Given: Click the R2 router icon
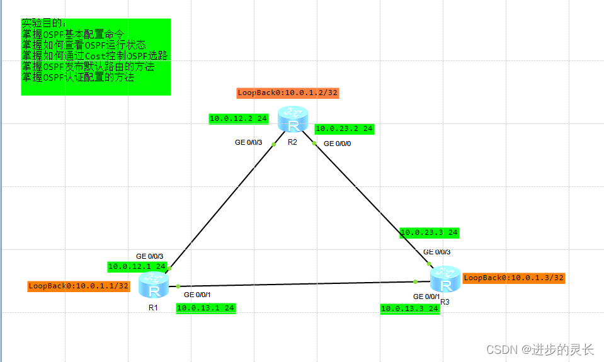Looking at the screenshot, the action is [293, 120].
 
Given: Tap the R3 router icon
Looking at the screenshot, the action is [445, 281].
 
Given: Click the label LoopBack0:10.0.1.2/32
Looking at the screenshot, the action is [288, 93].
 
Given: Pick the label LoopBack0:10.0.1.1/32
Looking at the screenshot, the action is [79, 286].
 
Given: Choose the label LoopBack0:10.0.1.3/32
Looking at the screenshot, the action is [514, 278].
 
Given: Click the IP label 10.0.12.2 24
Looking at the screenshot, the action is [239, 118].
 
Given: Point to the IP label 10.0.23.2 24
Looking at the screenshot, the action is [345, 129].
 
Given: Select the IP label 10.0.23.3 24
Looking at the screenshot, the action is [430, 233].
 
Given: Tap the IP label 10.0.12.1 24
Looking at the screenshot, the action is [137, 266].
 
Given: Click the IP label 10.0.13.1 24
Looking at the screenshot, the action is [206, 308].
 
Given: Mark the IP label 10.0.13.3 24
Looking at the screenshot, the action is [409, 308].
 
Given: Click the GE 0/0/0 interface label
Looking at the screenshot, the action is [338, 144].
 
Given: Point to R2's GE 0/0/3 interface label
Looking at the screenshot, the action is [248, 142].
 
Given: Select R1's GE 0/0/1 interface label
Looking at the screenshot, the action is [197, 295].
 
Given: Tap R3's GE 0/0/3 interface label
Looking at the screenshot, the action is [437, 252].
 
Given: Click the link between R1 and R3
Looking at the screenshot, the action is [296, 284].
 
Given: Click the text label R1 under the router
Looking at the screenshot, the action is [153, 308].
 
